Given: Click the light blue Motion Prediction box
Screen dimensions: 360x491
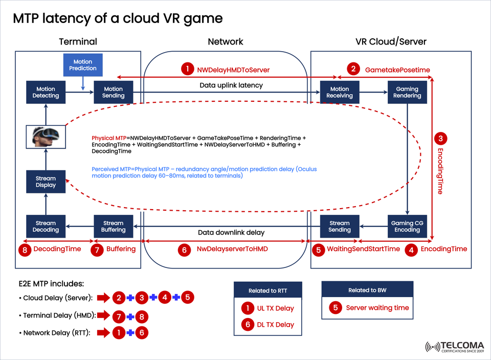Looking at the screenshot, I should (83, 65).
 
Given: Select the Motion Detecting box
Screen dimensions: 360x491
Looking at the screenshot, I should (46, 92).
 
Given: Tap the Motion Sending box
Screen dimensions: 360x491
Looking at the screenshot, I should (113, 92).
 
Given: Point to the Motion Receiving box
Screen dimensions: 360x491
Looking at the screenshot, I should (340, 92).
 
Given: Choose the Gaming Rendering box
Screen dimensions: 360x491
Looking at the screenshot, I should (407, 92).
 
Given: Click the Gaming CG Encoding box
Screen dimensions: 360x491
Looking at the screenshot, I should (407, 227).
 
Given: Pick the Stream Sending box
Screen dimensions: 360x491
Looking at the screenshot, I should (340, 227).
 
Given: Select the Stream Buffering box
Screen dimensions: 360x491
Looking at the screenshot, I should (113, 227).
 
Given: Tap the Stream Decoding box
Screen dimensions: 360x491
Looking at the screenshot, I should (46, 227).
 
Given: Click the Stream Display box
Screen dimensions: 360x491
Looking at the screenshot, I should (46, 182).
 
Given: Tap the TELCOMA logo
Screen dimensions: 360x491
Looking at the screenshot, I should (453, 346).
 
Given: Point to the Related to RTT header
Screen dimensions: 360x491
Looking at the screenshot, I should (267, 290).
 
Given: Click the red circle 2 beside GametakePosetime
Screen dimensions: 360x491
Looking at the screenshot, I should (353, 69).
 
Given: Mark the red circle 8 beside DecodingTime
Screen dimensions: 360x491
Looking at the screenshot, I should (24, 249).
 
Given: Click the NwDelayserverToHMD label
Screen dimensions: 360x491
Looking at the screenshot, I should (232, 249).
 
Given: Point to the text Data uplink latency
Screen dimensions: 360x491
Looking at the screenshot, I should (231, 85).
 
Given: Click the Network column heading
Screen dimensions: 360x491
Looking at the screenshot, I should (226, 42).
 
